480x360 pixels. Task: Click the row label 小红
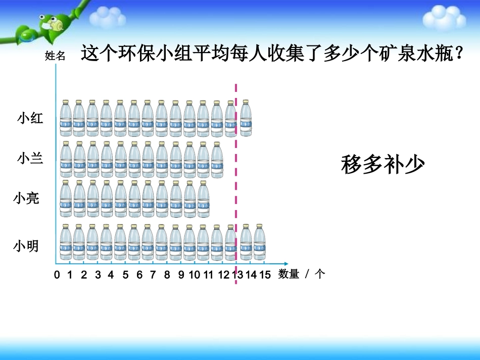30,119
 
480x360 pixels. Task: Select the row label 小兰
30,158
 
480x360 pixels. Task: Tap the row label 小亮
26,198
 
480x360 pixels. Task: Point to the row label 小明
26,246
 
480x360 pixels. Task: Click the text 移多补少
382,164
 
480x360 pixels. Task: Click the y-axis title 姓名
55,56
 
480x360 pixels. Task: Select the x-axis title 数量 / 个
302,274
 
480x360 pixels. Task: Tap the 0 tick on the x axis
57,275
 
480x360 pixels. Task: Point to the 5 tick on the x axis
125,275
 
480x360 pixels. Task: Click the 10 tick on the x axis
195,275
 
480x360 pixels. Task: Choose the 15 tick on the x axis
265,275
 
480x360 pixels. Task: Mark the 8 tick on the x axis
167,275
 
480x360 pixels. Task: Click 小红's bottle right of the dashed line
246,118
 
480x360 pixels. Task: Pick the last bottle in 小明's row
259,242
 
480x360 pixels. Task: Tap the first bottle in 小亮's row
66,199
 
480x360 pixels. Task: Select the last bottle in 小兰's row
217,159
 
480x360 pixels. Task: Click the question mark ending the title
459,53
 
